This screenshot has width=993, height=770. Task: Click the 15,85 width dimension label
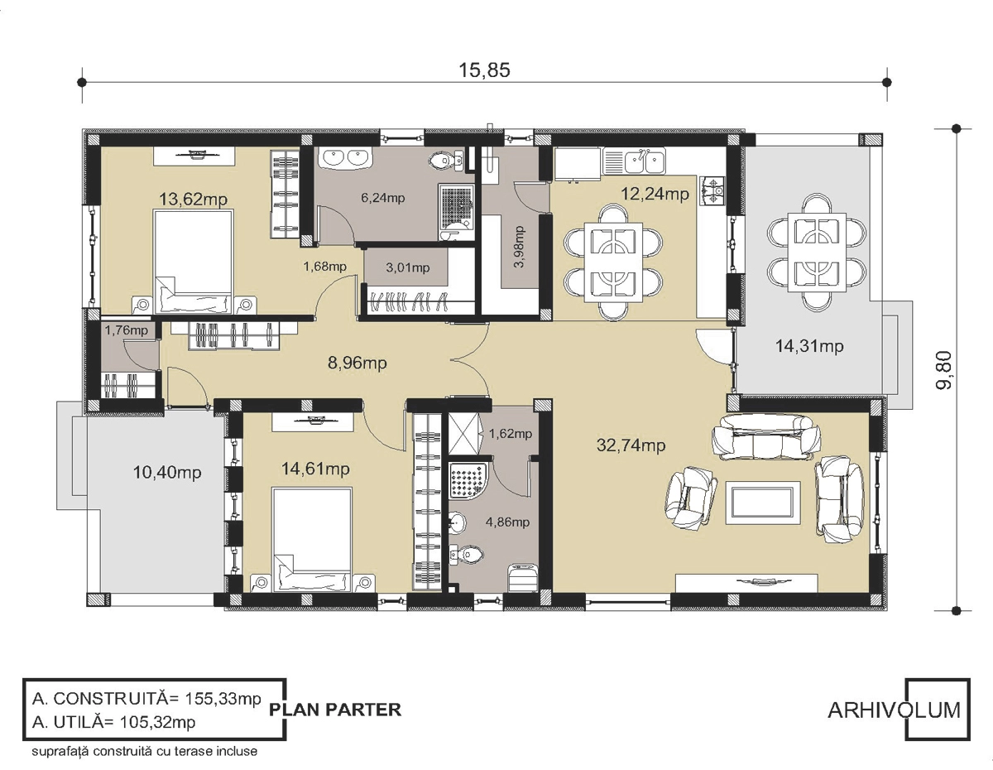(484, 70)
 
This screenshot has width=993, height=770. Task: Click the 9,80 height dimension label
(943, 370)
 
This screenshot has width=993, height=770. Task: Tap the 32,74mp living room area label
(631, 445)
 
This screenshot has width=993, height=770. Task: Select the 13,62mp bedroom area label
(194, 200)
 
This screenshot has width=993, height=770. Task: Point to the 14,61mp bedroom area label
(315, 469)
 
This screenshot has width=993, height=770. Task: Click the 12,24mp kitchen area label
(655, 194)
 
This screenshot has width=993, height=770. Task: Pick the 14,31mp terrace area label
(808, 346)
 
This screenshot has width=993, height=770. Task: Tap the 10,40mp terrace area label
(167, 472)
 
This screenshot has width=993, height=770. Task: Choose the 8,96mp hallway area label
(357, 363)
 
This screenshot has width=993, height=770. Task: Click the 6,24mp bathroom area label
(383, 198)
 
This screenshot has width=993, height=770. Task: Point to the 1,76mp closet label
(126, 330)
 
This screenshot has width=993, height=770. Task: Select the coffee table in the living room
(763, 502)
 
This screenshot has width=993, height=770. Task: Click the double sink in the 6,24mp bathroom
(346, 158)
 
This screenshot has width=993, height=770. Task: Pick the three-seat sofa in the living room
(766, 436)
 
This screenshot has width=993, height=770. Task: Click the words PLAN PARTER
(335, 710)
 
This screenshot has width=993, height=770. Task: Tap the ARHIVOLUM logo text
(894, 710)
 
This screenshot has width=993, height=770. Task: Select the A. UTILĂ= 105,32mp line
(114, 723)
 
